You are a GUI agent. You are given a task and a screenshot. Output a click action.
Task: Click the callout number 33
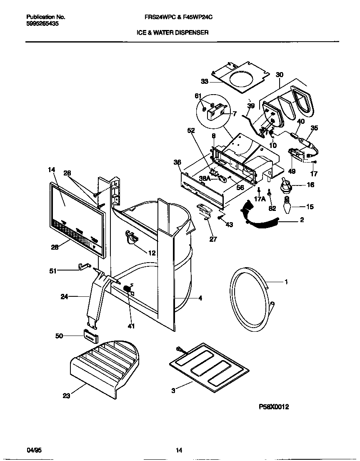point(205,82)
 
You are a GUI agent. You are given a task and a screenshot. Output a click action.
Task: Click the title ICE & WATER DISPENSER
point(172,32)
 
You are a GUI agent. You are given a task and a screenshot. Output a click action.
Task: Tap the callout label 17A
point(259,199)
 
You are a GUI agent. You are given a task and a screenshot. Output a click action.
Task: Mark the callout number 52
point(191,130)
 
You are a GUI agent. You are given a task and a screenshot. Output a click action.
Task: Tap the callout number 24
point(64,297)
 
